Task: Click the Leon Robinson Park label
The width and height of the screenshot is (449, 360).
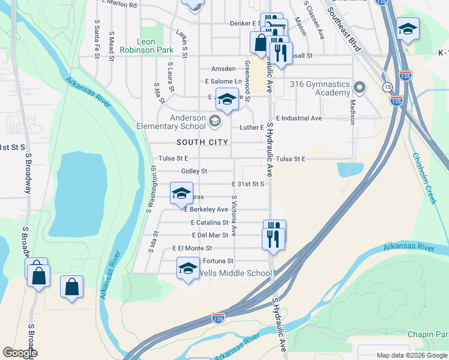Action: pos(137,46)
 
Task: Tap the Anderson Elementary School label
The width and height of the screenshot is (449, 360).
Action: pos(171,122)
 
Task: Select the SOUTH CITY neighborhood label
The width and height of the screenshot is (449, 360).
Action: pos(202,142)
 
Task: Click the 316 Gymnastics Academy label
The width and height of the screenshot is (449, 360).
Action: pos(320,88)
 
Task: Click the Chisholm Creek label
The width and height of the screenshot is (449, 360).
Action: pos(424,178)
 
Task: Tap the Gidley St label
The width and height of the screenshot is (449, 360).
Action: pos(185,171)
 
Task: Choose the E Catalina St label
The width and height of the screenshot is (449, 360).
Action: pos(209,223)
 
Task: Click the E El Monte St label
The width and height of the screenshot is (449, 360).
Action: pos(192,248)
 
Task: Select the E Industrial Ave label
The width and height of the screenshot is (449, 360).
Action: pos(299,118)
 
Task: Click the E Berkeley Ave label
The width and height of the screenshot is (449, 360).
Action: pos(206,209)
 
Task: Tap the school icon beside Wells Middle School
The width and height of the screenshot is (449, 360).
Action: pos(188,268)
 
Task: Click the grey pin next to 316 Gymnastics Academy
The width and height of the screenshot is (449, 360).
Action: pos(360,88)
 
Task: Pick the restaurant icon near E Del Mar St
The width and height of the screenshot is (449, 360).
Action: pos(273,238)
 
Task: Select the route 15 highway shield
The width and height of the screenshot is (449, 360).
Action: pos(388,88)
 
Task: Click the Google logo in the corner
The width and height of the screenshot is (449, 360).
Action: pos(20,353)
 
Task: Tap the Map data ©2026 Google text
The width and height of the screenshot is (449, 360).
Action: pos(411,355)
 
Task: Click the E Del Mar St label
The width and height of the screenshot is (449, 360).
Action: pos(210,235)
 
